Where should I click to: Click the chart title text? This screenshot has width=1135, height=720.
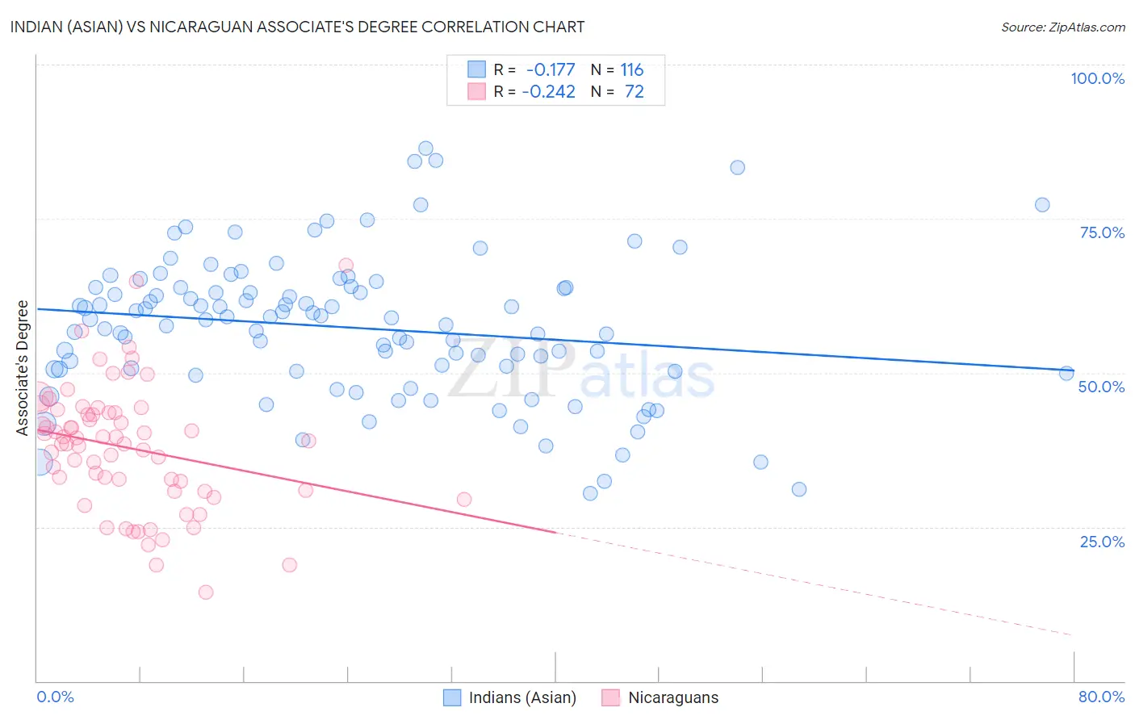(x=297, y=27)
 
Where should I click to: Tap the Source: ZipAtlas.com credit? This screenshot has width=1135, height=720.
(x=1062, y=27)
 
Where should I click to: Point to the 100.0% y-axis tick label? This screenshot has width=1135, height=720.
(x=1097, y=78)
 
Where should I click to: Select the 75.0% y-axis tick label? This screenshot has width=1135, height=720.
(x=1102, y=232)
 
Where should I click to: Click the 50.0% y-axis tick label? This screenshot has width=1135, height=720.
(x=1101, y=387)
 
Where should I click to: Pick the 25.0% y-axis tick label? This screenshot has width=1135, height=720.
(x=1102, y=541)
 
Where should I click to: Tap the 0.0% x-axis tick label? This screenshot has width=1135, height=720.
(x=55, y=697)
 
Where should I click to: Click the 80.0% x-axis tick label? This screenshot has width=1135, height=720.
(x=1101, y=697)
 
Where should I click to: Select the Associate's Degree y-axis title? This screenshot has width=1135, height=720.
(x=23, y=368)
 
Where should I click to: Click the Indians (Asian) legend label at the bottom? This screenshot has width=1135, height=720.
(x=522, y=697)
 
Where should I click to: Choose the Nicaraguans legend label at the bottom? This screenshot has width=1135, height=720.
(x=673, y=697)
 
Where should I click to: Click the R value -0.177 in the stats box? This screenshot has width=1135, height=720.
(x=551, y=70)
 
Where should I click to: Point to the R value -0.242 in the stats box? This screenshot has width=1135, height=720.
(x=549, y=92)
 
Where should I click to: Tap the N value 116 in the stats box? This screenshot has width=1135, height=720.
(x=632, y=70)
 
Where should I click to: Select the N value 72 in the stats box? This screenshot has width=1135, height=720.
(x=635, y=92)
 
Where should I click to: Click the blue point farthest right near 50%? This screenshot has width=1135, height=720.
(x=1066, y=373)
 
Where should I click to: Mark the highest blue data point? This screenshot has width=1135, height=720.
(x=425, y=149)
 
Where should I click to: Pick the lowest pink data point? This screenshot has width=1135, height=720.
(x=206, y=592)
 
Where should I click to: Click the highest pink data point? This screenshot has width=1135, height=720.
(x=346, y=265)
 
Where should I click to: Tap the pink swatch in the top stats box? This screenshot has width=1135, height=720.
(x=476, y=92)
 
